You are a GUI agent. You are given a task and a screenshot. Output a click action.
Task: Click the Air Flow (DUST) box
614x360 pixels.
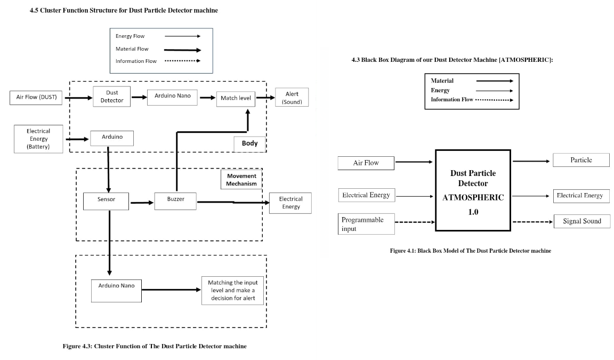point(37,97)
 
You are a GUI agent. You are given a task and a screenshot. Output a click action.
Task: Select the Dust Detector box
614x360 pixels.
point(111,97)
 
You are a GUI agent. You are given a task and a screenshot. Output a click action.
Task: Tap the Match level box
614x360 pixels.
point(235,98)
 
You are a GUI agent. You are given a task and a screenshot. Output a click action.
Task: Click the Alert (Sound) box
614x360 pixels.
point(292,98)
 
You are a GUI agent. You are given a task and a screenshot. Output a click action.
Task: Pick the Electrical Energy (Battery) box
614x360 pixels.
point(38,139)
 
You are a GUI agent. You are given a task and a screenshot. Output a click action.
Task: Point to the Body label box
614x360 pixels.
point(249,143)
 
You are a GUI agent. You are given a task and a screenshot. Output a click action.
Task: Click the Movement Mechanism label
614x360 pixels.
point(241,180)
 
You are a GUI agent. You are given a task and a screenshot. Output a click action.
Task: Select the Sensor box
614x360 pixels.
point(107,201)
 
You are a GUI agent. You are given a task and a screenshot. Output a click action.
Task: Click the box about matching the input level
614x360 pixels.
point(233,290)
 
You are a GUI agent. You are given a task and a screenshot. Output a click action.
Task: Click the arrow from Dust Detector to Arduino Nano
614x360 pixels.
point(139,97)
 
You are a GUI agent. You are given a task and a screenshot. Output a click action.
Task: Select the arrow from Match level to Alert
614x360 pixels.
point(265,97)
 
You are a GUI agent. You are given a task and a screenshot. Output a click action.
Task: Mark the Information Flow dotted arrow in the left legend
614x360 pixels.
point(182,61)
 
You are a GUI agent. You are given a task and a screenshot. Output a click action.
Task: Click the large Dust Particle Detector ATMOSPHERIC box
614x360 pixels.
point(473,190)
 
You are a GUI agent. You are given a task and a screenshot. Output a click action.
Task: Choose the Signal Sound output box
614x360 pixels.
point(581,221)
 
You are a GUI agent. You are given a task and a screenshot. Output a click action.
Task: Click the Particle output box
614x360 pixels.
point(581,160)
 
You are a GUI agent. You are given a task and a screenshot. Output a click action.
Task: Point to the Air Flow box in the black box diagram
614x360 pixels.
point(366,163)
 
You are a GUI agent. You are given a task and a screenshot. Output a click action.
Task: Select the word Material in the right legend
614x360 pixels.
point(442,81)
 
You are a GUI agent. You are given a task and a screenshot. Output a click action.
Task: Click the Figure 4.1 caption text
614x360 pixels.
point(470,251)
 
